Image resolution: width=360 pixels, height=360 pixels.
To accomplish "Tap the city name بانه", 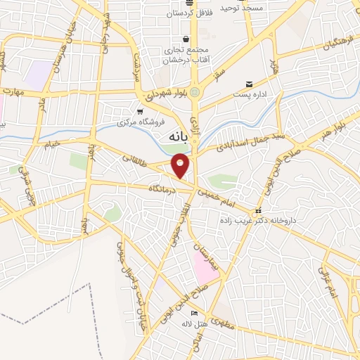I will click(176, 137).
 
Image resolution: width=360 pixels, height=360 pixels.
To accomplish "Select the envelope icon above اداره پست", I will click(249, 84).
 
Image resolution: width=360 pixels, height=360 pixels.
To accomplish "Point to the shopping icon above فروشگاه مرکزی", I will click(141, 111).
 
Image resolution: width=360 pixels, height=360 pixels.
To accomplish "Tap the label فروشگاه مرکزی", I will click(141, 121).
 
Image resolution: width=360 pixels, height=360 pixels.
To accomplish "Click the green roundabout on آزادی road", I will click(195, 91).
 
